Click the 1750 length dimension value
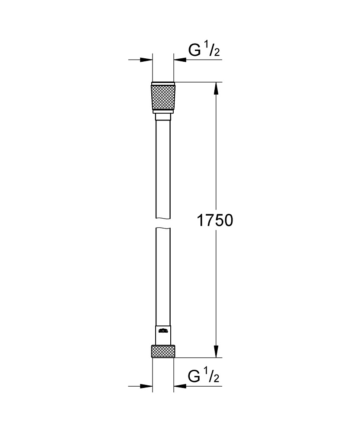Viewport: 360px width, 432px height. [215, 221]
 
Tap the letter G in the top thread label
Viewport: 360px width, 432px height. [194, 51]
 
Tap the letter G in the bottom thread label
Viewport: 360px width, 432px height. [194, 377]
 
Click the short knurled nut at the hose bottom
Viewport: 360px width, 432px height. [163, 351]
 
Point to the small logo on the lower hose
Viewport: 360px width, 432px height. [163, 332]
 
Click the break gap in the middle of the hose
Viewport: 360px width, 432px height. [163, 223]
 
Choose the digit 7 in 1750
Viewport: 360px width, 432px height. [209, 221]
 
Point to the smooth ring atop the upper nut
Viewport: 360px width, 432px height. [163, 83]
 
